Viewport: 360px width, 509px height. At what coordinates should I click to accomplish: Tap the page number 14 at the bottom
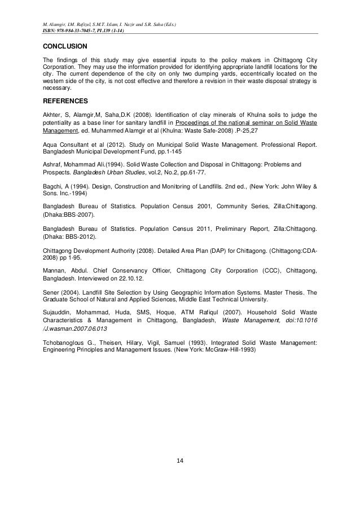pyautogui.click(x=180, y=477)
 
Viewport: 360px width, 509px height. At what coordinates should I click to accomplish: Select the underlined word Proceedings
pyautogui.click(x=196, y=123)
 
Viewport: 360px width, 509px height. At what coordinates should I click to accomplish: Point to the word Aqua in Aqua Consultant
pyautogui.click(x=51, y=145)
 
